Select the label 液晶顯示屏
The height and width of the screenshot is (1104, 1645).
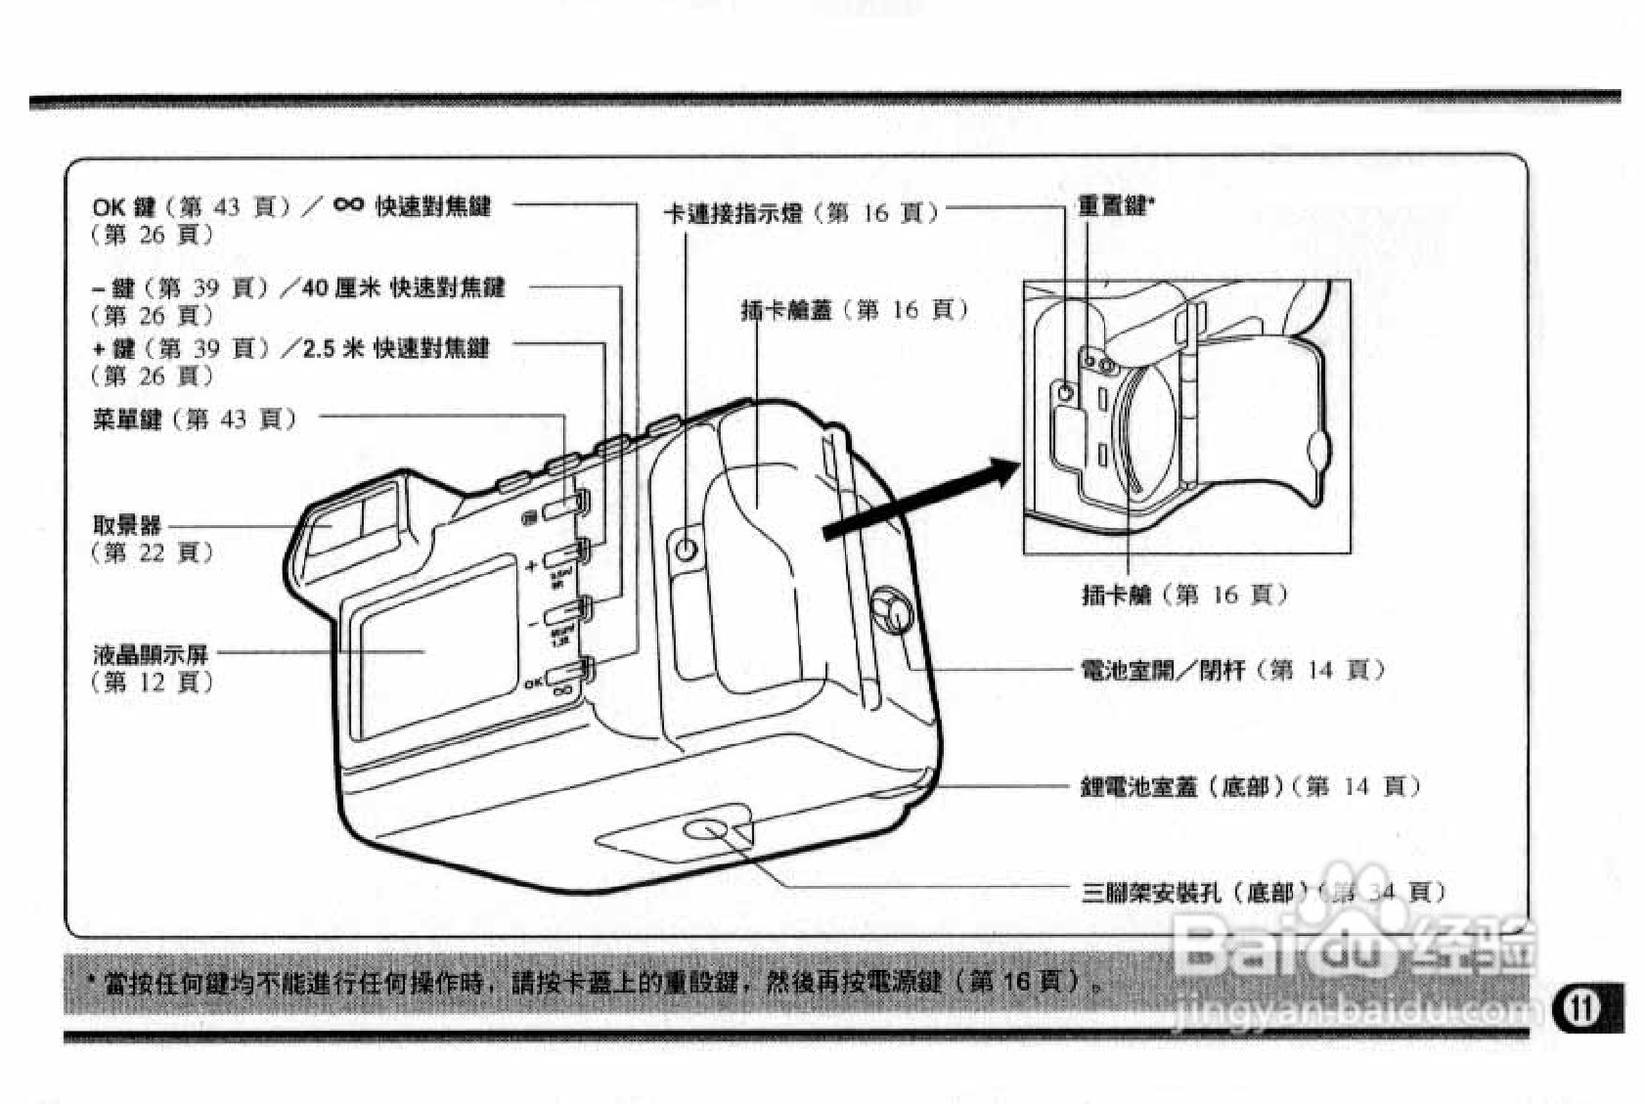coord(151,654)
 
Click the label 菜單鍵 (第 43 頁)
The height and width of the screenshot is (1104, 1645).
coord(194,420)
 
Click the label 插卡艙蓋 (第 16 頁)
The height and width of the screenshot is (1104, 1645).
coord(854,310)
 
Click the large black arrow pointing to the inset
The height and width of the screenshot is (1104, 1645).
coord(919,502)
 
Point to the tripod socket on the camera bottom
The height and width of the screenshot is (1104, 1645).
coord(703,830)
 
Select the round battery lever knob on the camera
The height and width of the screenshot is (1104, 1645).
coord(891,610)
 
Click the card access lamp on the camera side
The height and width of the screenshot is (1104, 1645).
coord(687,550)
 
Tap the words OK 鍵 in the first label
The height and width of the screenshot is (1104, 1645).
coord(124,207)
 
